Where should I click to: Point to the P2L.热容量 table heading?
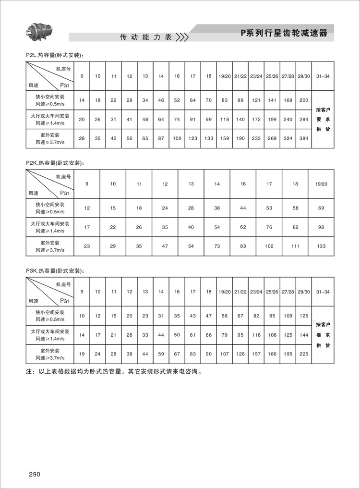click(55, 55)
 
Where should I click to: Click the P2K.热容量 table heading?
click(55, 163)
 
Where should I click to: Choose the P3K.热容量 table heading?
click(55, 271)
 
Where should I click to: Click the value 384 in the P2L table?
click(304, 138)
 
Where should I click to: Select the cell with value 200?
click(304, 100)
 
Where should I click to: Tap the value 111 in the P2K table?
click(295, 246)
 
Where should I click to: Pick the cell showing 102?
click(269, 246)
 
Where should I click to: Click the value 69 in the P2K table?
click(321, 208)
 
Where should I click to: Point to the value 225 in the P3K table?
click(304, 354)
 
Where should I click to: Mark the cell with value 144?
click(304, 334)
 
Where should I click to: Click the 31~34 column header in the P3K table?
click(323, 292)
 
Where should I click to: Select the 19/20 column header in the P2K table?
click(321, 184)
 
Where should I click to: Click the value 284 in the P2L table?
click(304, 119)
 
